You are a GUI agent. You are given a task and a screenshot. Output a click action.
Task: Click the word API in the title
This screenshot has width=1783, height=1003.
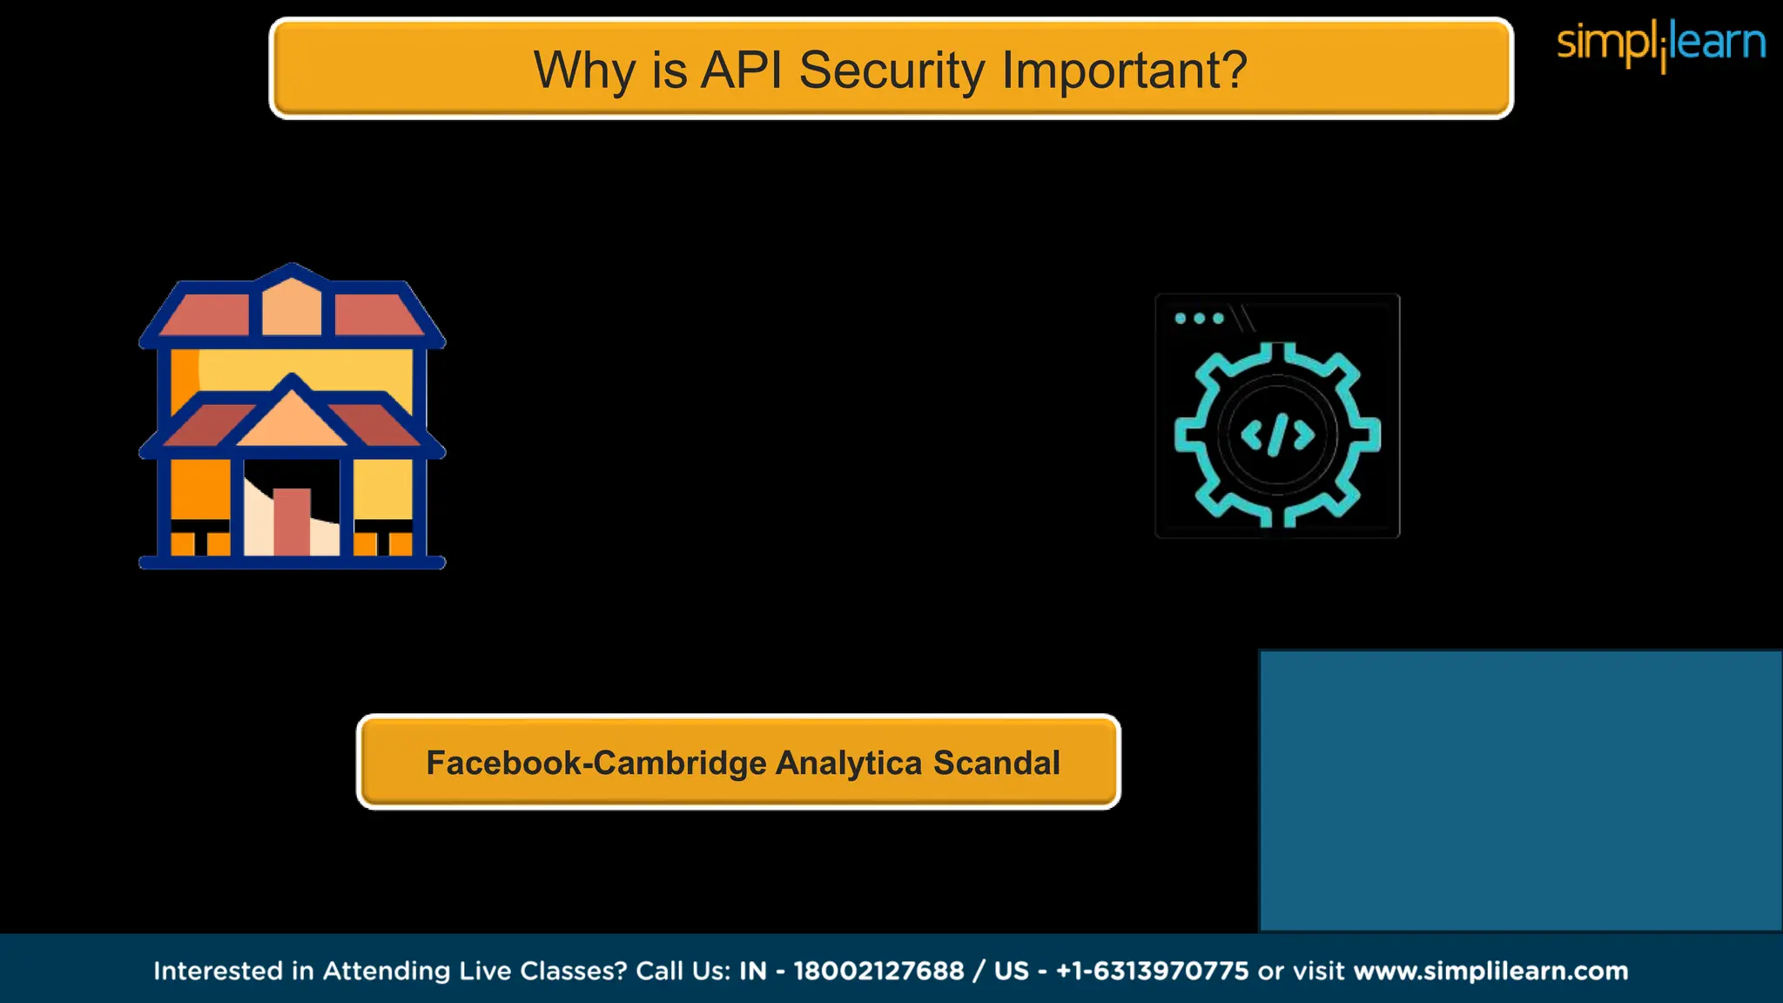pyautogui.click(x=743, y=70)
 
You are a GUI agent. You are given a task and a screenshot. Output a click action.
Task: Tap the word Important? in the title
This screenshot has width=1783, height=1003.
pyautogui.click(x=1125, y=70)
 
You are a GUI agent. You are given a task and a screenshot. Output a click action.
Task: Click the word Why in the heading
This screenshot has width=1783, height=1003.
pyautogui.click(x=584, y=70)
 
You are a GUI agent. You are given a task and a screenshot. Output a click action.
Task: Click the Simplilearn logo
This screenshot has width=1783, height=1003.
pyautogui.click(x=1660, y=44)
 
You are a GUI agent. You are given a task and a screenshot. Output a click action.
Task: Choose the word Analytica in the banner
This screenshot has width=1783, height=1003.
pyautogui.click(x=849, y=763)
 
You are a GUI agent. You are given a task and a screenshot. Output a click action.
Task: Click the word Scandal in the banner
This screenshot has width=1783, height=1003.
pyautogui.click(x=997, y=763)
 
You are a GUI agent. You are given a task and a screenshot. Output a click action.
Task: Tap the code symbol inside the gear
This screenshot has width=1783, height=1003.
pyautogui.click(x=1277, y=434)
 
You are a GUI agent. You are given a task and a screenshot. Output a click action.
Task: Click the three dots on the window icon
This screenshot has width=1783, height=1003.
pyautogui.click(x=1199, y=319)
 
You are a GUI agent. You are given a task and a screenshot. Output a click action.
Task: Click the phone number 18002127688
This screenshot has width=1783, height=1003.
pyautogui.click(x=878, y=971)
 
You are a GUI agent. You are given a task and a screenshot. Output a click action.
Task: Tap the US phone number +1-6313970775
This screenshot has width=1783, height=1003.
pyautogui.click(x=1152, y=971)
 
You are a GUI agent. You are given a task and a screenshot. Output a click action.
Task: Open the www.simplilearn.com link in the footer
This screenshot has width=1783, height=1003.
pyautogui.click(x=1490, y=971)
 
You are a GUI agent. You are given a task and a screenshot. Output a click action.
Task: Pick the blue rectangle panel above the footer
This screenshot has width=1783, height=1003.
pyautogui.click(x=1520, y=791)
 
